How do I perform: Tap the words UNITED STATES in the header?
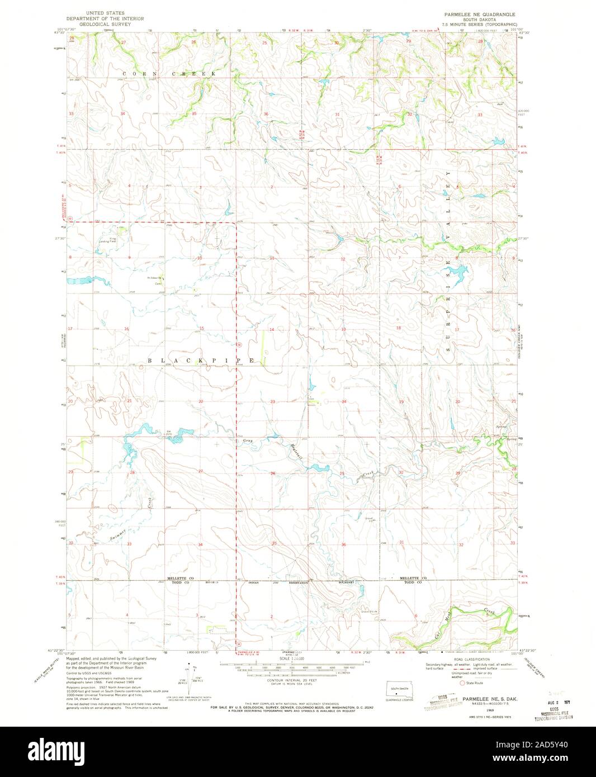click(x=109, y=12)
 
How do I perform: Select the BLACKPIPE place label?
click(x=202, y=361)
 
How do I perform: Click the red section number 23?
click(x=273, y=402)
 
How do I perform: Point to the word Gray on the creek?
click(x=248, y=442)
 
